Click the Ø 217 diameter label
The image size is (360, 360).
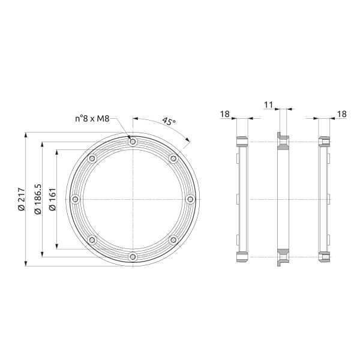tap(22, 199)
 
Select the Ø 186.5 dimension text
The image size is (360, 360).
tap(38, 199)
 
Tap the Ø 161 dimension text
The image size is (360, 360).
tap(53, 199)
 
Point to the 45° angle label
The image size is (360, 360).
tap(169, 121)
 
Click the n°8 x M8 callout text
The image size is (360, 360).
tap(92, 119)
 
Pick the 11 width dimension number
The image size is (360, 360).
tap(268, 105)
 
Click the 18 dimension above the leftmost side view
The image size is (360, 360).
tap(225, 114)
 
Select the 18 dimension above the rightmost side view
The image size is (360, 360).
tap(342, 114)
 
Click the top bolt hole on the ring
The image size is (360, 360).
tap(133, 142)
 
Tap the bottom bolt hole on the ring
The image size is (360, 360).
tap(133, 257)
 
